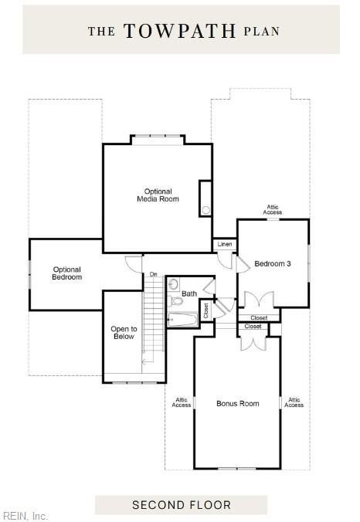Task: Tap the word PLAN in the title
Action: (261, 32)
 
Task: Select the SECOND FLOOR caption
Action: (181, 505)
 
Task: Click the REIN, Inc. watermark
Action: (25, 515)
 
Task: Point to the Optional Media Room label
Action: (158, 195)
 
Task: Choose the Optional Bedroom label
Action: (66, 273)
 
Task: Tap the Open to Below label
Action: (123, 332)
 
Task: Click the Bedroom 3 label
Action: (273, 264)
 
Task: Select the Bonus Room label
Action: (237, 403)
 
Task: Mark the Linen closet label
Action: (224, 245)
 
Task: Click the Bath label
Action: (189, 293)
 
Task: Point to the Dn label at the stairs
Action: (153, 274)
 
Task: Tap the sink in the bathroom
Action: (172, 284)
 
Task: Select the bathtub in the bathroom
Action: (184, 320)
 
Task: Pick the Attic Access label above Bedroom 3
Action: (273, 209)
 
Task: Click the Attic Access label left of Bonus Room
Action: (182, 402)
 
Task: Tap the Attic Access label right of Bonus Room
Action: (294, 402)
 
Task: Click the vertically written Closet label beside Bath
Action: (206, 310)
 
